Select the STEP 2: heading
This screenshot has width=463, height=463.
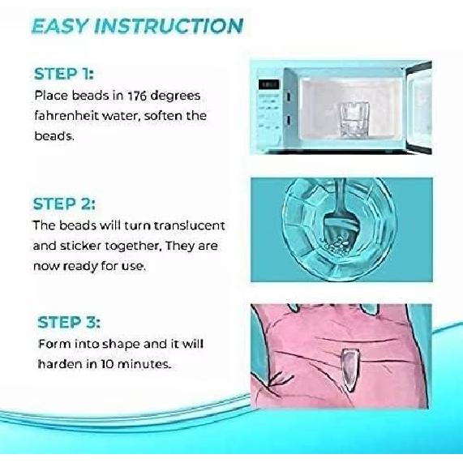(x=68, y=203)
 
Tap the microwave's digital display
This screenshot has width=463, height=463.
(x=268, y=84)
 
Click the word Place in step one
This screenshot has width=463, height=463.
(x=53, y=96)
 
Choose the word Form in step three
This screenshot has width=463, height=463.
(x=53, y=344)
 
